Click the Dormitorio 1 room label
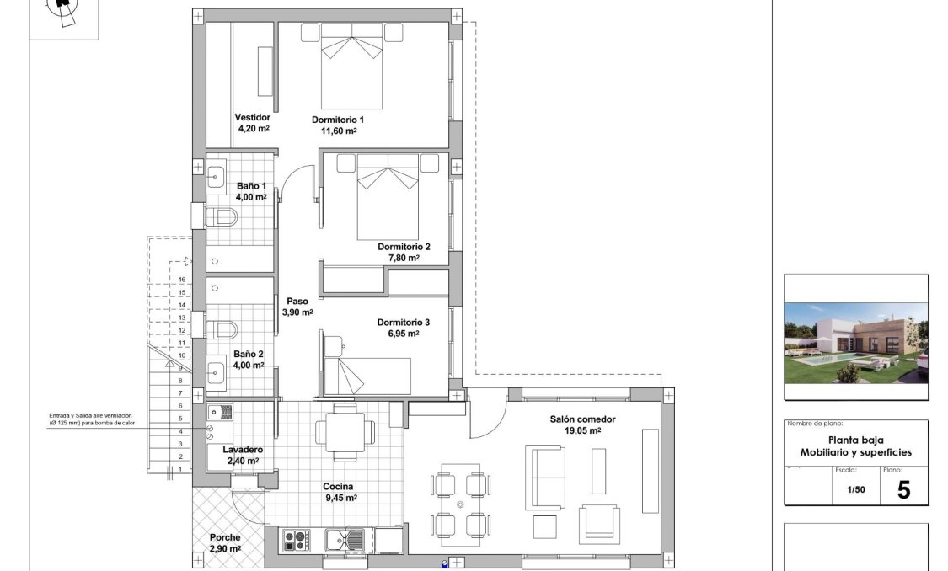coord(337,120)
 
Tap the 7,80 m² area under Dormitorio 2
coord(403,258)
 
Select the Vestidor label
coord(253,117)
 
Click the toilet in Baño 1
coord(222,218)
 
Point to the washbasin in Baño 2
coord(216,370)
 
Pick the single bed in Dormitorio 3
coord(366,376)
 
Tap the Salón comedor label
coord(582,419)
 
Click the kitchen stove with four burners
coord(296,538)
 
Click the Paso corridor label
coord(297,301)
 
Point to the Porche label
coord(225,537)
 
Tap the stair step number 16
coord(181,279)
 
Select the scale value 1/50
coord(855,489)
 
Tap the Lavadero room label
coord(243,450)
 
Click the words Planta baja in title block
coord(855,440)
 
